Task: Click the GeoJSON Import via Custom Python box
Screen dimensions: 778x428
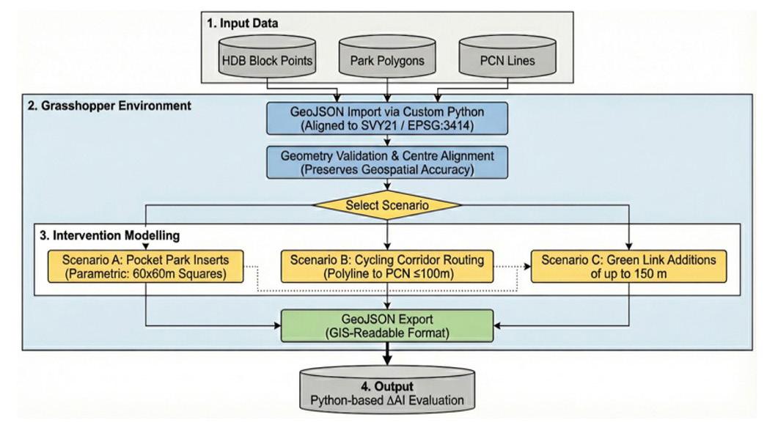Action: [387, 119]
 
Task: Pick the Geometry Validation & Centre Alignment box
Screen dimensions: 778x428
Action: [387, 162]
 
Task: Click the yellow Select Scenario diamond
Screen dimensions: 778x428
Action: [387, 204]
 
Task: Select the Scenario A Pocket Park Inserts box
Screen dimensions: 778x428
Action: [145, 266]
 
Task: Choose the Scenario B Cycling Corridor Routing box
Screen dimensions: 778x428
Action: [387, 266]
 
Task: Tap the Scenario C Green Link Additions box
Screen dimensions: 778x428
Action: [628, 266]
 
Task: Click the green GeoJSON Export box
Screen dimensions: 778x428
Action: [387, 326]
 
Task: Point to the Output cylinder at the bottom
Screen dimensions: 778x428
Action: [387, 391]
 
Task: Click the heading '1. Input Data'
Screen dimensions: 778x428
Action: [243, 23]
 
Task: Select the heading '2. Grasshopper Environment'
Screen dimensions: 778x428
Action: [109, 106]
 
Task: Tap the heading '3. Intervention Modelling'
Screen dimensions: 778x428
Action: [110, 235]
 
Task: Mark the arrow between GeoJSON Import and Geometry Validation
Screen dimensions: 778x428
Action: [387, 141]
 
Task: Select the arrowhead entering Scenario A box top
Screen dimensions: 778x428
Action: [145, 246]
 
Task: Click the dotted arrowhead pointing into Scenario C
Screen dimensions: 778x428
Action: [527, 266]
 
